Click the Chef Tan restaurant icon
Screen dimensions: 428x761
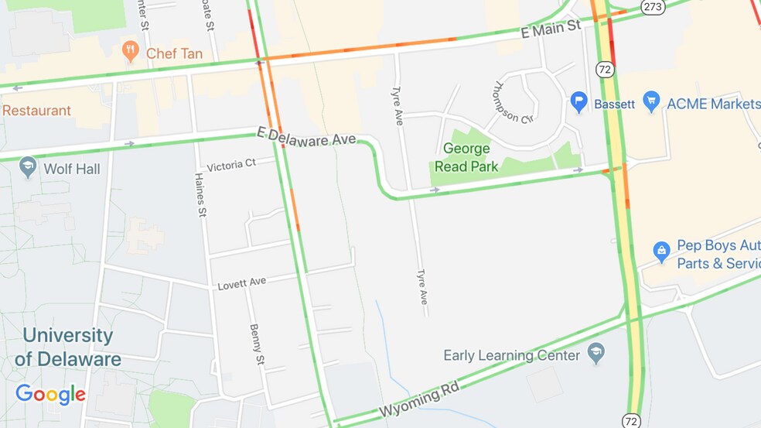click(131, 52)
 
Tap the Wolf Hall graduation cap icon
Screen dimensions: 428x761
click(29, 168)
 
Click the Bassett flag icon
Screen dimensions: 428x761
click(579, 102)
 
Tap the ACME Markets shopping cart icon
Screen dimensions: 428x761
click(652, 102)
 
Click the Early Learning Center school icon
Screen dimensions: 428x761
click(595, 355)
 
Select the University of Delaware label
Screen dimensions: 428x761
click(68, 348)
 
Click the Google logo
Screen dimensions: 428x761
click(50, 395)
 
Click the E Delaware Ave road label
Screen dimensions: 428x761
click(306, 137)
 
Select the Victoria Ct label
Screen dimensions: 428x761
click(231, 164)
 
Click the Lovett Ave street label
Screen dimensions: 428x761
click(241, 282)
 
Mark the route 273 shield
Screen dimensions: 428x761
click(651, 7)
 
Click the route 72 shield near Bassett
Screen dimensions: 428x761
click(605, 69)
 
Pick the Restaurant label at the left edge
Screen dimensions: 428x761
click(36, 111)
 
